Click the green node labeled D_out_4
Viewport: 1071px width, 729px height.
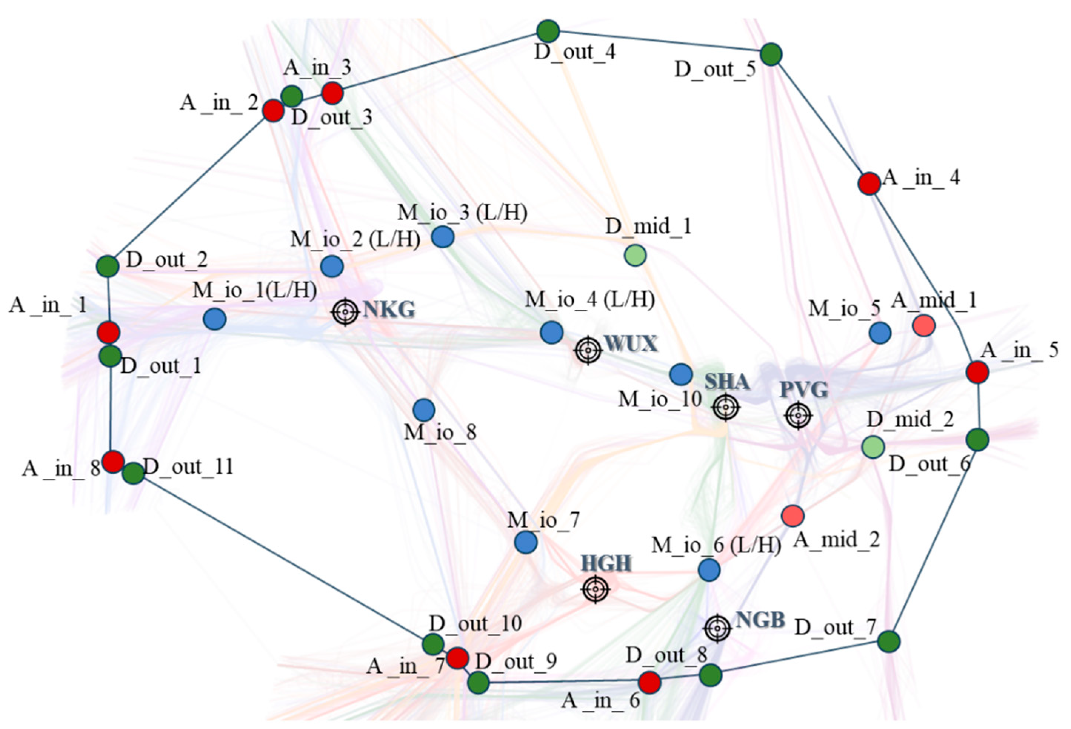pos(548,31)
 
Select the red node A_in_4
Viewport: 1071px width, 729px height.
pos(869,183)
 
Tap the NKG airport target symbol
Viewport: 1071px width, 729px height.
pos(345,312)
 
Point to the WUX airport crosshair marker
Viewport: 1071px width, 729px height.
pos(588,351)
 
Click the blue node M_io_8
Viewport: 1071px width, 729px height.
pos(424,410)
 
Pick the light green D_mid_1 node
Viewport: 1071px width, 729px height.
pos(635,255)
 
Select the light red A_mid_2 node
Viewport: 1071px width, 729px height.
pos(793,515)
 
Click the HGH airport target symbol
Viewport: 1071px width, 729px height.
pos(595,589)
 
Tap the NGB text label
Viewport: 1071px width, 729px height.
pos(760,620)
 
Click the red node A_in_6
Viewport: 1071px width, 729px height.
pos(650,682)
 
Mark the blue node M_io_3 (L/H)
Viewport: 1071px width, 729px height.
pos(443,237)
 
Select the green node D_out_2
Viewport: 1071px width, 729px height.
pos(107,266)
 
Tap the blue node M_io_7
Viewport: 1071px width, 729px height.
pos(526,542)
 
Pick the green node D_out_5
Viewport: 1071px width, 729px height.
pos(771,54)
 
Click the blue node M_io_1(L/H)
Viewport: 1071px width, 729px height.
pos(215,319)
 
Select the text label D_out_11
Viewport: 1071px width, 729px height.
pos(188,467)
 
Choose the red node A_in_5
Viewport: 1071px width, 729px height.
pos(977,372)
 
